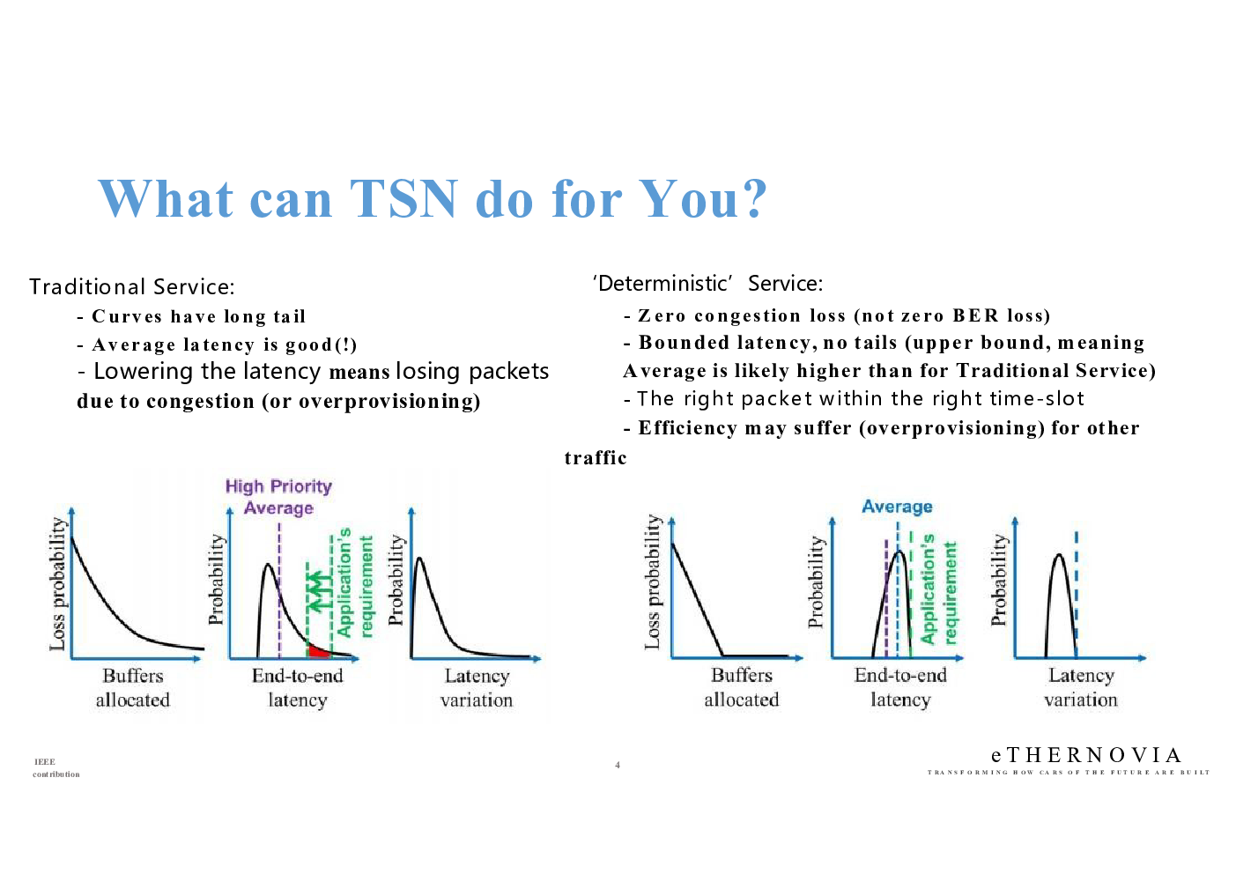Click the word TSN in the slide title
point(403,198)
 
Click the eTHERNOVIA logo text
point(1086,755)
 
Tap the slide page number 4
point(618,765)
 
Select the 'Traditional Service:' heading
point(132,287)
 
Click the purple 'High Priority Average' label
point(278,497)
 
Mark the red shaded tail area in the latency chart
point(318,651)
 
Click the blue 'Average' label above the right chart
point(897,507)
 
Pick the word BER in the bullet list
point(975,315)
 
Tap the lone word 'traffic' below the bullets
point(596,458)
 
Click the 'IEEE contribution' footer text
point(56,768)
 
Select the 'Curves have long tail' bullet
point(191,316)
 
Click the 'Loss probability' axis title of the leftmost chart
point(57,584)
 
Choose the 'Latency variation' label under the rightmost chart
point(1081,687)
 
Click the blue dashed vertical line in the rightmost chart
point(1076,595)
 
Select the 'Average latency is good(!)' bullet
point(218,344)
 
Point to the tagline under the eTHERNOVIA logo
point(1069,773)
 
